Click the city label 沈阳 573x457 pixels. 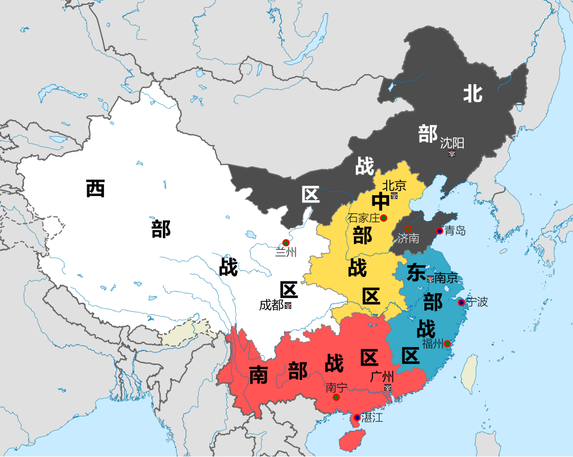pos(452,143)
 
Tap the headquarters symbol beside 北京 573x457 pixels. pos(394,195)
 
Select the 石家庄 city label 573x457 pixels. pos(363,218)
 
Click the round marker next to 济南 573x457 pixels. pos(408,229)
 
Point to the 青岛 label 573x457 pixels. pos(455,231)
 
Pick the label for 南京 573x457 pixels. pos(446,278)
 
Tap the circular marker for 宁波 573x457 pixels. pos(461,302)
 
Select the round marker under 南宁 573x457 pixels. pos(336,397)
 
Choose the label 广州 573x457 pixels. pos(382,377)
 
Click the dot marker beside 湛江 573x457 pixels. pos(357,418)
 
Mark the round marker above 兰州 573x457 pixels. pos(286,243)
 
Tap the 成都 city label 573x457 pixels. pos(271,305)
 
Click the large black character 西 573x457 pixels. pos(95,188)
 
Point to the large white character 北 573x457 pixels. pos(473,93)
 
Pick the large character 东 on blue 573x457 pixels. pos(415,272)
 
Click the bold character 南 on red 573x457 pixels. pos(258,375)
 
